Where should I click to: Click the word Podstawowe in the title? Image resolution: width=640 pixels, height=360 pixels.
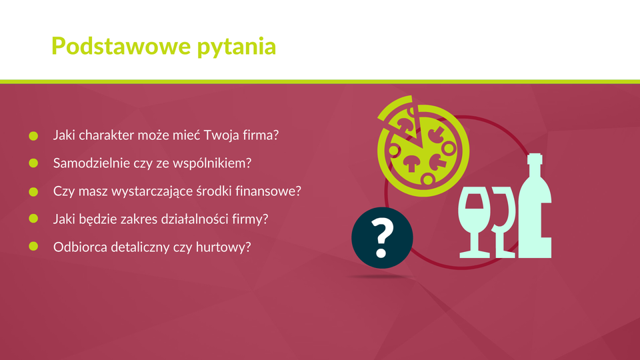(121, 46)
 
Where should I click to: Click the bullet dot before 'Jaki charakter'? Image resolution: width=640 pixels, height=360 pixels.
(33, 136)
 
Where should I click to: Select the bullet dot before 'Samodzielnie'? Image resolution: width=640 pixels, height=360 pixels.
(33, 163)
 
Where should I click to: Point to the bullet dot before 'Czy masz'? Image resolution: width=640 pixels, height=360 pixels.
(33, 191)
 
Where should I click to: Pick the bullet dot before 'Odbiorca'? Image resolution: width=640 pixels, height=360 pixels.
(33, 246)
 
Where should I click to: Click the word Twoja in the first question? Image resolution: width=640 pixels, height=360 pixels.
(221, 135)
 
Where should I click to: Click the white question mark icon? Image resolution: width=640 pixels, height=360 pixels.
(382, 238)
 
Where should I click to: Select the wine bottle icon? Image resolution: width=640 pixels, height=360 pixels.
(535, 206)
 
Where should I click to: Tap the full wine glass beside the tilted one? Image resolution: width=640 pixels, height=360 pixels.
(474, 223)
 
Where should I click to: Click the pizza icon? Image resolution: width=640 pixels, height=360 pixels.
(423, 147)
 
